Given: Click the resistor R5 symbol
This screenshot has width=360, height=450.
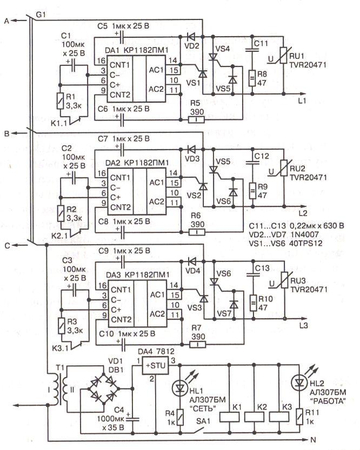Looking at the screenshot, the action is (196, 119).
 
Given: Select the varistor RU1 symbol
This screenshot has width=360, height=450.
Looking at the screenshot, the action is (284, 56).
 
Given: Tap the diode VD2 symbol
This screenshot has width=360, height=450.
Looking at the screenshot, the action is (190, 36).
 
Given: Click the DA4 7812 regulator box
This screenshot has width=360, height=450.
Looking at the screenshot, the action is (155, 366).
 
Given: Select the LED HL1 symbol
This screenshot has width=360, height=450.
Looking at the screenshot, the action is (180, 388).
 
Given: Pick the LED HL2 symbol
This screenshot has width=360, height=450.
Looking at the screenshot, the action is (299, 382).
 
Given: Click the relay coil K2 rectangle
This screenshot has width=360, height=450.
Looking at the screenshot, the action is (254, 417).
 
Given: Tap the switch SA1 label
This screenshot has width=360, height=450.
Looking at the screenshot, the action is (203, 421).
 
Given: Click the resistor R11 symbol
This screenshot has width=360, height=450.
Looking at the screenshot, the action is (299, 417).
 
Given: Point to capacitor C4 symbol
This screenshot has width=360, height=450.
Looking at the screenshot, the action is (133, 419).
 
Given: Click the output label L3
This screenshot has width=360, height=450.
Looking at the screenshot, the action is (303, 326).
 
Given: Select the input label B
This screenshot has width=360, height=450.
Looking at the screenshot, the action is (7, 133).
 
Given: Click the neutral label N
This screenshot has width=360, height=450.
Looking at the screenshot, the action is (313, 440).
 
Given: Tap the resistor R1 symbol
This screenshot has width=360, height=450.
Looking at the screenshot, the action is (60, 100).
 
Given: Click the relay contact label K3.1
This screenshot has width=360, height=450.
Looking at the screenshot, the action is (60, 348).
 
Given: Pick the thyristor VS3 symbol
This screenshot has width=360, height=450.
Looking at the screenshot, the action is (204, 299).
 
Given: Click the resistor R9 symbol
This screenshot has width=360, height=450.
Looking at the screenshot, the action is (252, 191).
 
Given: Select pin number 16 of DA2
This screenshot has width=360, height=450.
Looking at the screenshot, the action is (102, 173).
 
